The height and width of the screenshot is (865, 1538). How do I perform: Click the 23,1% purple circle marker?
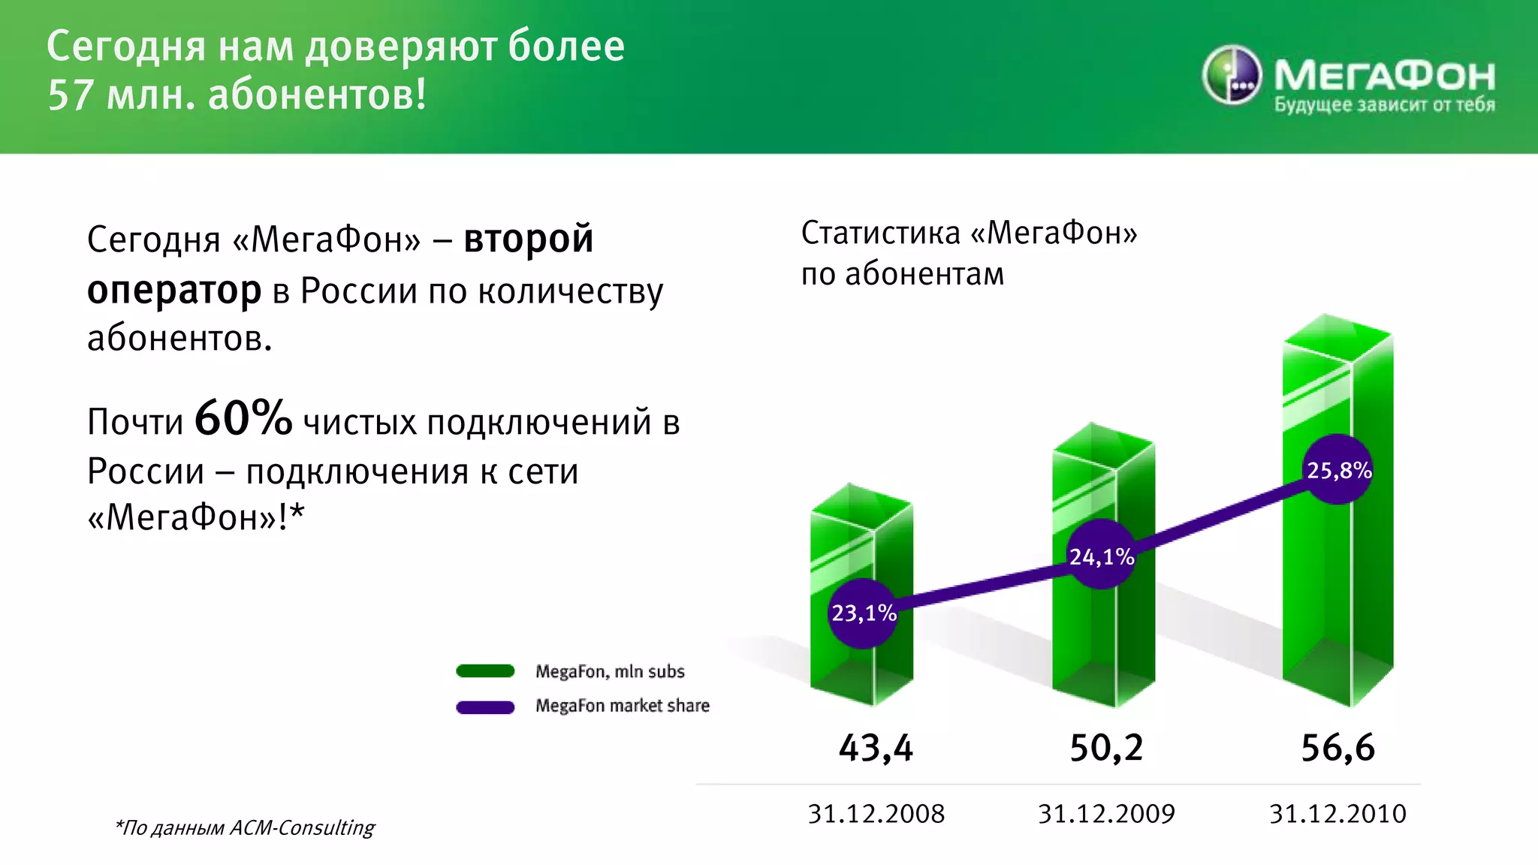click(864, 613)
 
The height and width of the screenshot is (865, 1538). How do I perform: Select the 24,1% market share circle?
click(1101, 556)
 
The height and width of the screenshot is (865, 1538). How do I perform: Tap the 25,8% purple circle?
click(1338, 470)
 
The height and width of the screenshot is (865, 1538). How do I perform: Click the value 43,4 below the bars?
click(876, 748)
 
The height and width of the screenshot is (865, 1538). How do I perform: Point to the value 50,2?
click(1106, 748)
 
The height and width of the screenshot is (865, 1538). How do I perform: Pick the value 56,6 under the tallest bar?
click(1337, 748)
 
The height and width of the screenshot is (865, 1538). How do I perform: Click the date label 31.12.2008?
click(876, 814)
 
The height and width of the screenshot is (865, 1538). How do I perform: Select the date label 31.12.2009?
click(1106, 814)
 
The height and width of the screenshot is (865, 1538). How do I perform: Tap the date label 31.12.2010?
click(1337, 814)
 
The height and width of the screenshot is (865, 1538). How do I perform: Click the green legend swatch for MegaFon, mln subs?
click(485, 671)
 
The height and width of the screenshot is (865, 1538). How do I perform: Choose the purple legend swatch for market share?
click(485, 707)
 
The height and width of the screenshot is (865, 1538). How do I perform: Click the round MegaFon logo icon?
click(1232, 75)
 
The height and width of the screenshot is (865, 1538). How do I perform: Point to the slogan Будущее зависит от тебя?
click(1384, 105)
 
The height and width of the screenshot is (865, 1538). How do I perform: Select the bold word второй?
click(528, 239)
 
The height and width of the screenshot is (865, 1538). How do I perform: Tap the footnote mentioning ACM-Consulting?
click(245, 827)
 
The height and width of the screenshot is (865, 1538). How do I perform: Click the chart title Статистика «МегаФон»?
click(969, 233)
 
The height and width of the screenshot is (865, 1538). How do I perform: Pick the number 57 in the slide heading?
click(71, 95)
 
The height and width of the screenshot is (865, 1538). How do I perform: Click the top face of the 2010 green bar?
click(1337, 338)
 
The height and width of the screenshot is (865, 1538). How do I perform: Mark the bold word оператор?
click(174, 290)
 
